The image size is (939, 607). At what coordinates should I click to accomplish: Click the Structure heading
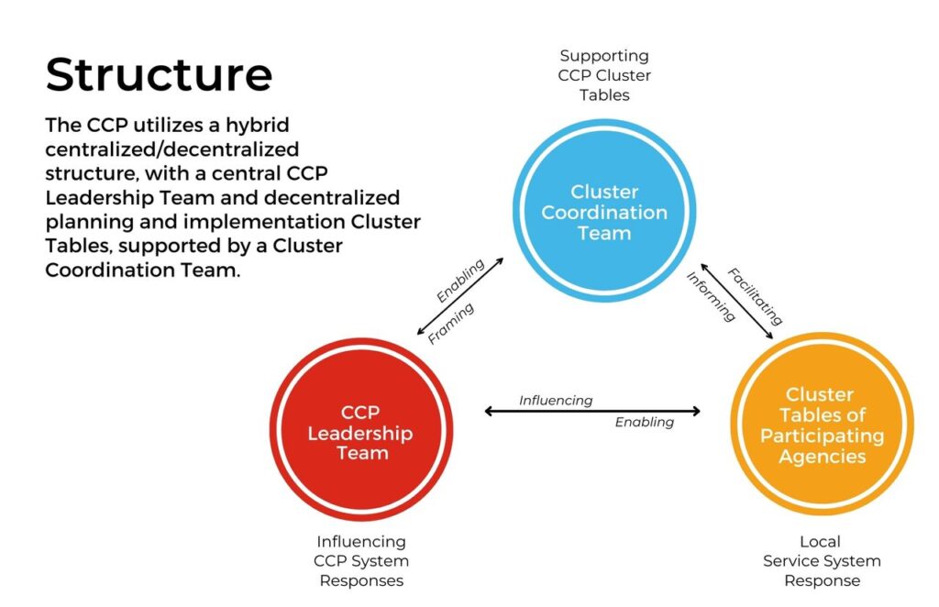coord(159,74)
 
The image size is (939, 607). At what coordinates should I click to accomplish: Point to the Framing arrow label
coord(451,324)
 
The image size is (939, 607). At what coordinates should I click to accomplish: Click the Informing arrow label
coord(711,296)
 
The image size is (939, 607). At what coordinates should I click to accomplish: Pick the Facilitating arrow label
coord(756,296)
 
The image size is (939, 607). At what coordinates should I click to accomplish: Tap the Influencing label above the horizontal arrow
coord(556,401)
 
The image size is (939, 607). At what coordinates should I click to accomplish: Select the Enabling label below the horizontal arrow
coord(645,422)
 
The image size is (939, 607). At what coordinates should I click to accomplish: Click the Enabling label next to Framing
coord(460,281)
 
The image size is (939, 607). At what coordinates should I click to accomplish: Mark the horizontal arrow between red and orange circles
coord(592,412)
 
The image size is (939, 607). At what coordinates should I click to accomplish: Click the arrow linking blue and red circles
coord(460,296)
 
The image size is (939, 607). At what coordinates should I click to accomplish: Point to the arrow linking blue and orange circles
coord(737,301)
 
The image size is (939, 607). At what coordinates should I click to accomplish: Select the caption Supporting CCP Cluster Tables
coord(604,75)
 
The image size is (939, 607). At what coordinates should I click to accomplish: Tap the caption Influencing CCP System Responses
coord(361,561)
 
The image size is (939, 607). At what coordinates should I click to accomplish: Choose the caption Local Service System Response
coord(822,561)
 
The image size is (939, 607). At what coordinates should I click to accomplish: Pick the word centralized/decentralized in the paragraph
coord(171,149)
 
